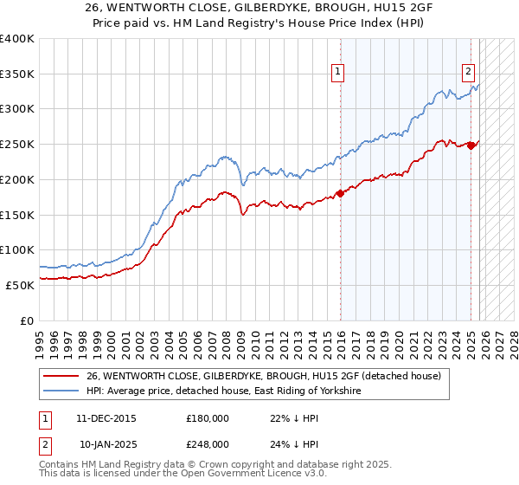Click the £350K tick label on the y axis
click(17, 74)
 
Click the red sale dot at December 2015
click(340, 193)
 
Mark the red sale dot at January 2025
click(471, 145)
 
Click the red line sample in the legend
click(61, 376)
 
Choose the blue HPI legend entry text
click(223, 391)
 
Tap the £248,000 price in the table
click(208, 443)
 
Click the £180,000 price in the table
click(208, 417)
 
